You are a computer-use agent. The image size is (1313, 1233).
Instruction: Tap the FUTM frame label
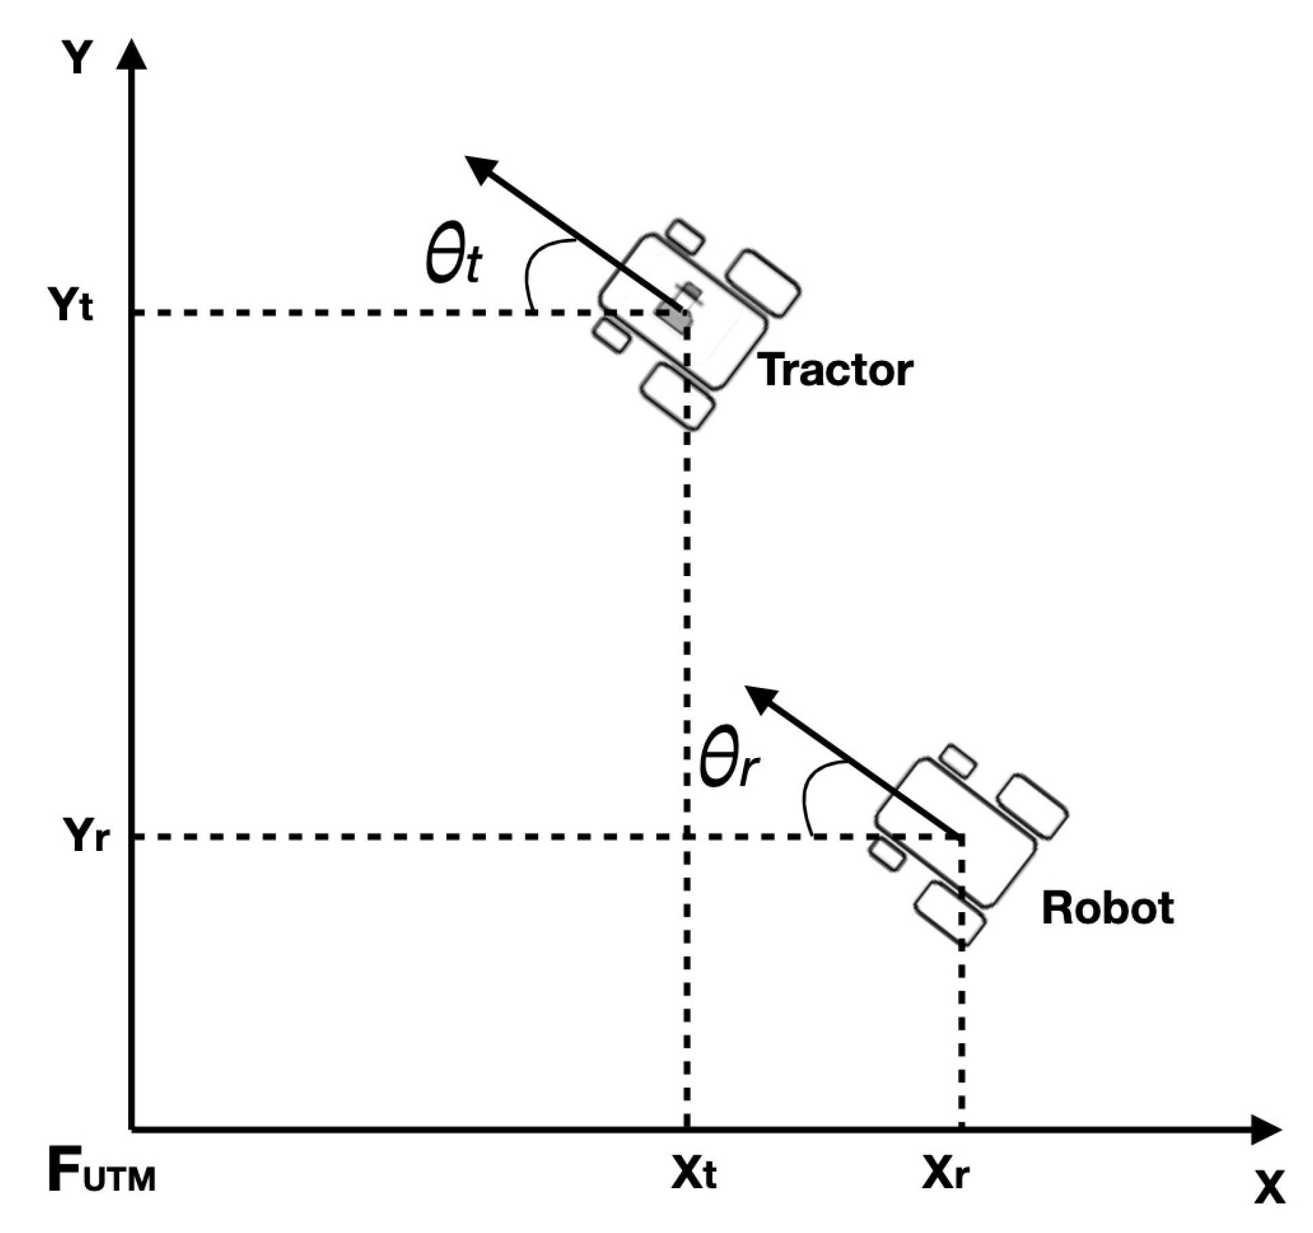(x=102, y=1173)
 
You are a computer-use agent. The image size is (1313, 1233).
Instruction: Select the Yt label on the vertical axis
(x=70, y=305)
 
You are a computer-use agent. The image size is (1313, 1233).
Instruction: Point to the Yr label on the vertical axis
(x=85, y=835)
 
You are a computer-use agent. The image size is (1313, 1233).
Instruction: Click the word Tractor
(x=835, y=371)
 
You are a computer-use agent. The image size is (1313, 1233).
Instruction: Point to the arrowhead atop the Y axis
(x=132, y=54)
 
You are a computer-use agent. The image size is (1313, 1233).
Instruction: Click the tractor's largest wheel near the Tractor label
(x=763, y=283)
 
